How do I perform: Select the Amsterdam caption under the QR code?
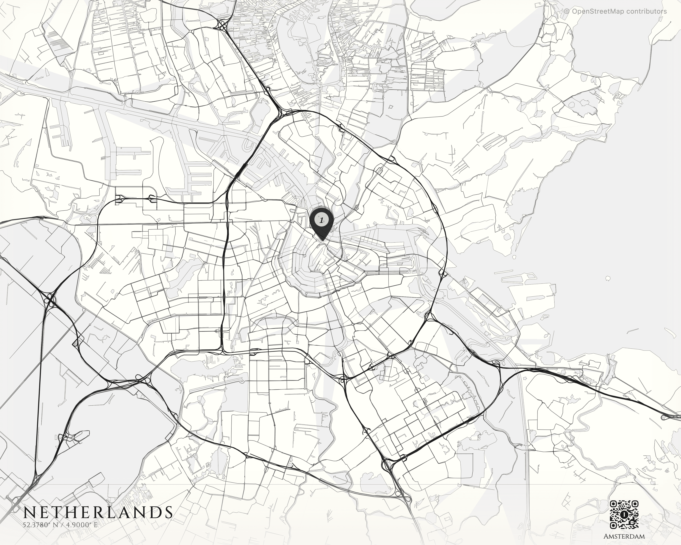(624, 536)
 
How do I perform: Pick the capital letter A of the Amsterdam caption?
(607, 536)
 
